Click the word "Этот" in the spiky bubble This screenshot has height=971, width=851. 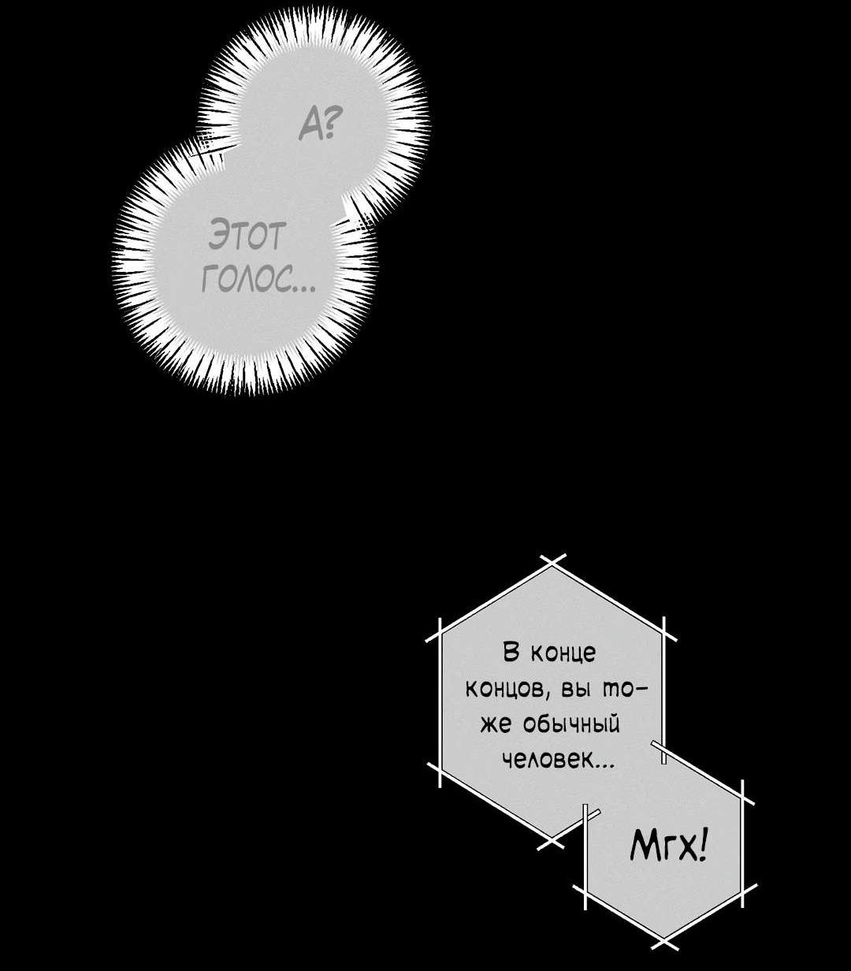pos(247,234)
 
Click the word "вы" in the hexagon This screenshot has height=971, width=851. pos(575,691)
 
